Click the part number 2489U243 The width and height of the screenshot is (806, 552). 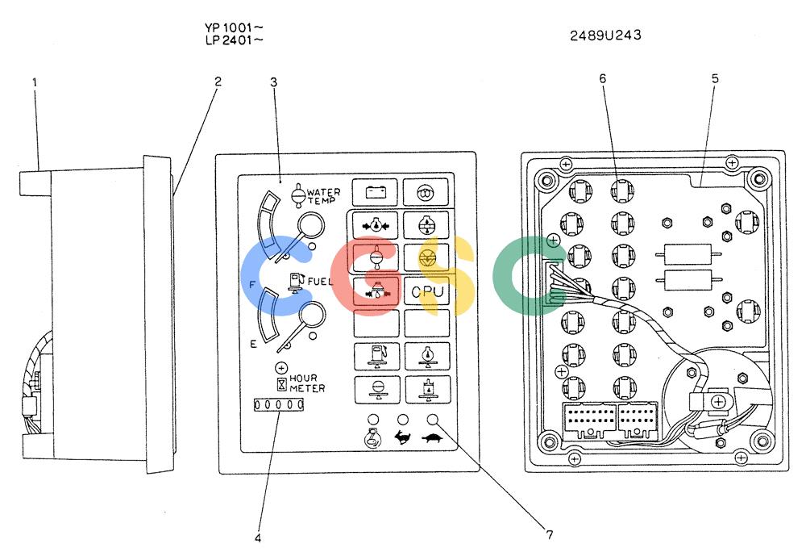(x=605, y=35)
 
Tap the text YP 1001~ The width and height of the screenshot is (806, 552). (x=234, y=27)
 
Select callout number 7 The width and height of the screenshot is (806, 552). (x=550, y=535)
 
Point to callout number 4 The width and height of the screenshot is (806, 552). (x=258, y=538)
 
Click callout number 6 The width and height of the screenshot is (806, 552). (x=602, y=78)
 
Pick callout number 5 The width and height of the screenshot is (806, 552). (x=715, y=79)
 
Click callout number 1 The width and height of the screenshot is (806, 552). (x=35, y=82)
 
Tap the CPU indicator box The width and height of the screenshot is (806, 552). (x=426, y=291)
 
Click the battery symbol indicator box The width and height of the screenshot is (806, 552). (x=375, y=192)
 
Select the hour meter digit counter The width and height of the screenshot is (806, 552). (x=279, y=405)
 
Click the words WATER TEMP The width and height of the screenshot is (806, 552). (x=324, y=196)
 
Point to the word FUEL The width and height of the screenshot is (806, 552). (x=320, y=282)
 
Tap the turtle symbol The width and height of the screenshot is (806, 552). (x=433, y=438)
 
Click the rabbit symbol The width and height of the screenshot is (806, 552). (x=402, y=437)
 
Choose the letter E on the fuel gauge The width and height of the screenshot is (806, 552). (x=253, y=344)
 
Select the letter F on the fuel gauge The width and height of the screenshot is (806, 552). (x=251, y=284)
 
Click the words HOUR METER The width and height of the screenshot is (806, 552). (x=307, y=383)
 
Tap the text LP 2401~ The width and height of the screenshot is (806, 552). (x=234, y=40)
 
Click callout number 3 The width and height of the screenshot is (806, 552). (x=273, y=82)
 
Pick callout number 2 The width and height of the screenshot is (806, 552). (x=218, y=82)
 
